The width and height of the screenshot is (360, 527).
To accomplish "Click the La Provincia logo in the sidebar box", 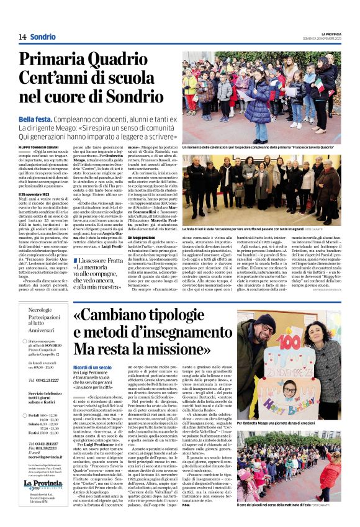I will tap(43, 484).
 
